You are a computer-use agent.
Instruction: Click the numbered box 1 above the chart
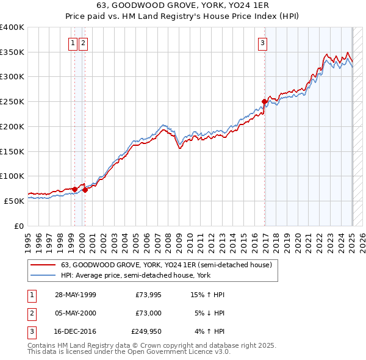pos(73,43)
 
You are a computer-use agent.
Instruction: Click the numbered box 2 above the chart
pos(83,43)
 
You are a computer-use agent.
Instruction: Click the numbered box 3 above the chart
pos(262,43)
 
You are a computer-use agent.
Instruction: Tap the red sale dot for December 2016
pos(264,101)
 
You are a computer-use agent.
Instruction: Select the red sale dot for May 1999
pos(74,189)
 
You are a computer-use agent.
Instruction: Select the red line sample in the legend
pos(43,264)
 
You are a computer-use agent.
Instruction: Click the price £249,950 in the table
pos(146,332)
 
